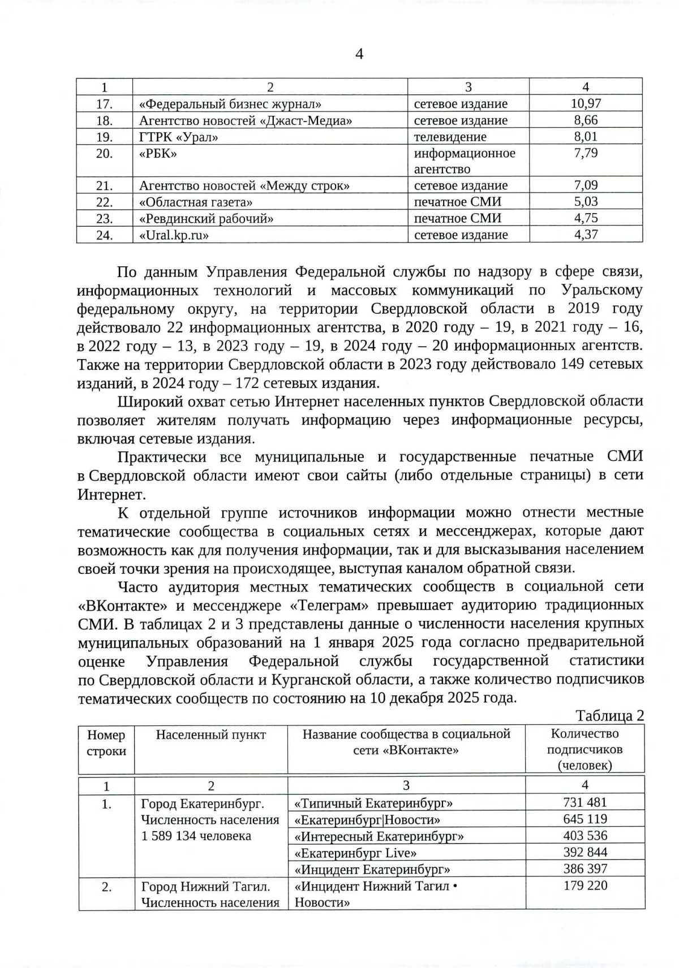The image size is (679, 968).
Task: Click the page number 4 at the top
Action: click(359, 54)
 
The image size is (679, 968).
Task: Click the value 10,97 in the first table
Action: click(586, 103)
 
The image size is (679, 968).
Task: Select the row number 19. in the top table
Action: click(105, 137)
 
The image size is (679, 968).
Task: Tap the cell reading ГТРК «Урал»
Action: click(179, 137)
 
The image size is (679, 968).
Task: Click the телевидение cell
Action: click(450, 137)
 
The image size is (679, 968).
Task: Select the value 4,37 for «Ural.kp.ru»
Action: click(586, 235)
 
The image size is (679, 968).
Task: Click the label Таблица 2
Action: click(609, 716)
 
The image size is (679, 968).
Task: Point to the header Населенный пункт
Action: click(210, 734)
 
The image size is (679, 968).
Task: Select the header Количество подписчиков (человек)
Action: click(585, 749)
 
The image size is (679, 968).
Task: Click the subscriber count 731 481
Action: click(585, 802)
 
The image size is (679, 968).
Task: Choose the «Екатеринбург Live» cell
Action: click(355, 853)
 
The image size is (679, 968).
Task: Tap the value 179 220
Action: click(585, 885)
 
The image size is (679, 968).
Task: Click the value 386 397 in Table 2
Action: click(585, 869)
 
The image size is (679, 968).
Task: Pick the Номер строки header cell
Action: click(106, 743)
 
